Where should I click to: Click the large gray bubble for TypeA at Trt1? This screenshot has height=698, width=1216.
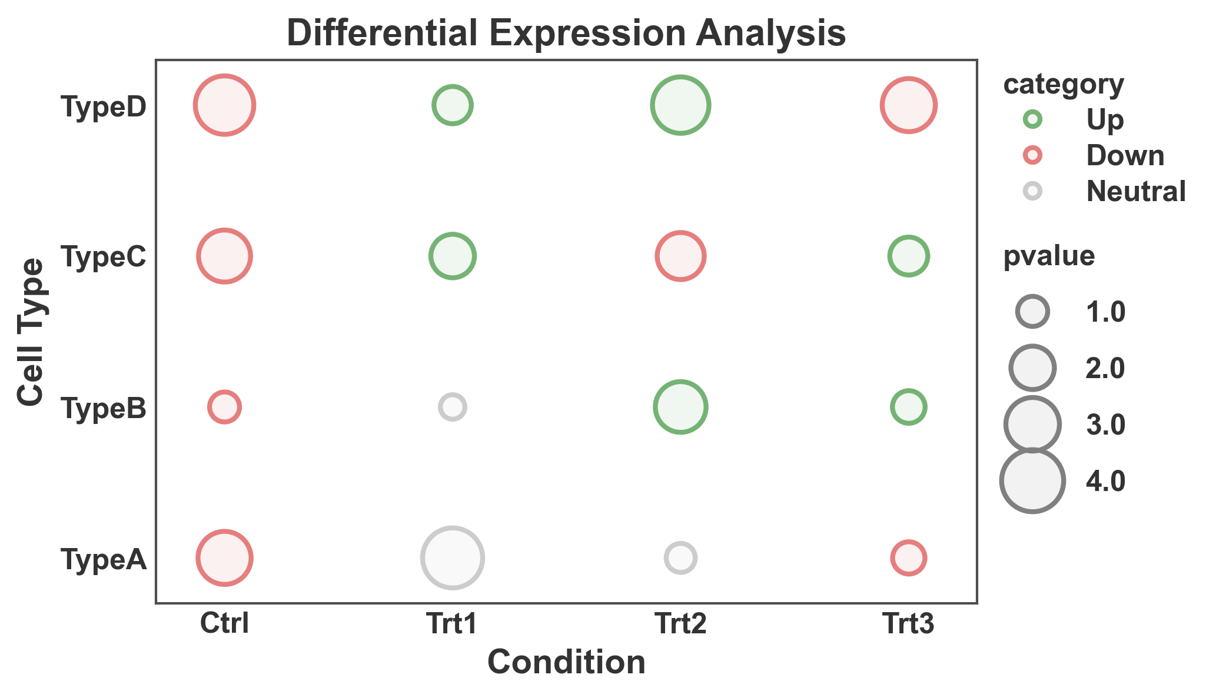click(x=452, y=558)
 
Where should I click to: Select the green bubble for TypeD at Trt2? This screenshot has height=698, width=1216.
click(x=680, y=105)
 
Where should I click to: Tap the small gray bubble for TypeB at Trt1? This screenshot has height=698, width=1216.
click(x=452, y=407)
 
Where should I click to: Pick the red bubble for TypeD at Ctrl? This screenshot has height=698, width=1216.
click(x=224, y=105)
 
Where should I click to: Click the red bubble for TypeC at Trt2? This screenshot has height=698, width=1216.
click(x=680, y=256)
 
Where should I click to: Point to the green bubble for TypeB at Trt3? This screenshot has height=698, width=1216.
click(x=908, y=407)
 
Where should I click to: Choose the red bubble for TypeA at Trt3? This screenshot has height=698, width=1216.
click(x=908, y=558)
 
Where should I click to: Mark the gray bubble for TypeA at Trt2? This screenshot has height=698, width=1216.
click(x=680, y=558)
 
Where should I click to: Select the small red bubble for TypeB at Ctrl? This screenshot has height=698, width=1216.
click(x=224, y=407)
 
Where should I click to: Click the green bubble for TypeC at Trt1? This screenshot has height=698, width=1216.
click(x=452, y=256)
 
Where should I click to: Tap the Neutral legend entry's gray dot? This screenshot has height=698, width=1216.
click(x=1032, y=191)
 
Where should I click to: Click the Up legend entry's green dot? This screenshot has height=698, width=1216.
click(x=1032, y=119)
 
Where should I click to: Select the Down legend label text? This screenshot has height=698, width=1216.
click(x=1125, y=156)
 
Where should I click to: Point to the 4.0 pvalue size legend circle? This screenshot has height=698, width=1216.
click(x=1032, y=480)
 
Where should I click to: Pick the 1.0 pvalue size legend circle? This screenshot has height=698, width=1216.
click(x=1032, y=312)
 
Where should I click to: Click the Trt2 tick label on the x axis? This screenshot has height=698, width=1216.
click(x=680, y=624)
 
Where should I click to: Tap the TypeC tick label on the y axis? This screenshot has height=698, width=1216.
click(x=104, y=257)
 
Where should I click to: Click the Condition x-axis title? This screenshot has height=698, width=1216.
click(x=566, y=663)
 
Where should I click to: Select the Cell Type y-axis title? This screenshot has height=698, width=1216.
click(x=31, y=332)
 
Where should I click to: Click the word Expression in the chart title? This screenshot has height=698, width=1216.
click(x=593, y=34)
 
